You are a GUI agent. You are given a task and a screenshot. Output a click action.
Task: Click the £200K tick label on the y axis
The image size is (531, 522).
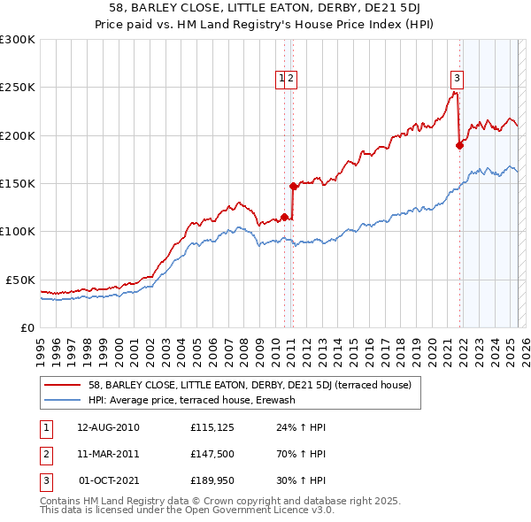[x=17, y=135]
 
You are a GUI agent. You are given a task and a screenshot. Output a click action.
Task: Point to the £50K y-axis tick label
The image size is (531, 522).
[x=19, y=280]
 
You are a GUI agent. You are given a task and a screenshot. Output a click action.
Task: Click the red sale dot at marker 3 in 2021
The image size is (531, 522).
[x=459, y=145]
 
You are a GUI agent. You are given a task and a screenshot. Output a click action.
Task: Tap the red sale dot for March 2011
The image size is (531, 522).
[x=293, y=186]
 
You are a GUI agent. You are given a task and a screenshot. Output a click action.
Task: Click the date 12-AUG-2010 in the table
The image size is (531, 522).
[x=108, y=427]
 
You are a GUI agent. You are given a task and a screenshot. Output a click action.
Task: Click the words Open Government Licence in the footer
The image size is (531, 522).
[x=243, y=510]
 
